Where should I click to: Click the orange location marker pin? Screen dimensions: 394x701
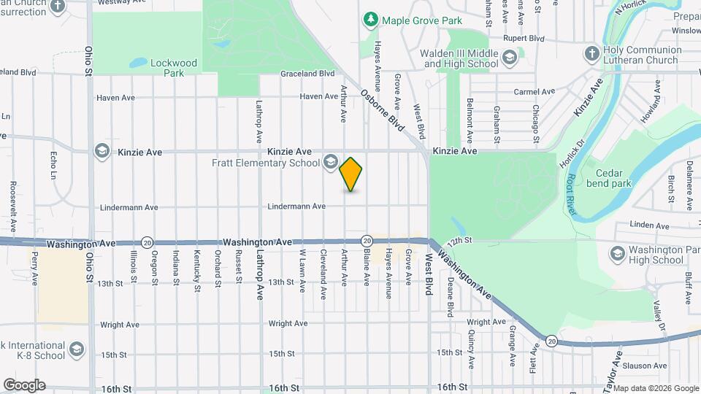351,174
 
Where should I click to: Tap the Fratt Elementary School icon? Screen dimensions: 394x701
331,162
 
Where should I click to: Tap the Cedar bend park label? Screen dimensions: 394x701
613,179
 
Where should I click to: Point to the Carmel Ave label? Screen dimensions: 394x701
535,92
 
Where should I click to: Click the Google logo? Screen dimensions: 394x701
24,385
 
